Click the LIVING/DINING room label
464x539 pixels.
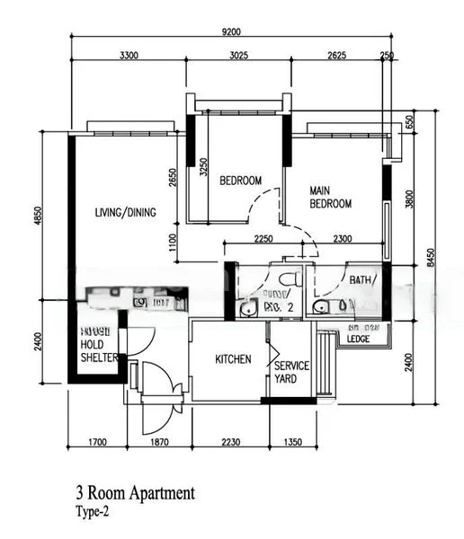coord(126,213)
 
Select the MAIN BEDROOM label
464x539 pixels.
coord(330,198)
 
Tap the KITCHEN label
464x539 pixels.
coord(233,359)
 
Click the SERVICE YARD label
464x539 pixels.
coord(292,372)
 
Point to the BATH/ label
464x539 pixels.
coord(364,279)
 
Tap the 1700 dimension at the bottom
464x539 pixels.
coord(99,443)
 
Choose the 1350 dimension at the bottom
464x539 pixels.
coord(293,443)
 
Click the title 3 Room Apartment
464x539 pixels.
coord(135,493)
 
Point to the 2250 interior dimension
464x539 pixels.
coord(263,238)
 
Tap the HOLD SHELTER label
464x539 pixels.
coord(99,349)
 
